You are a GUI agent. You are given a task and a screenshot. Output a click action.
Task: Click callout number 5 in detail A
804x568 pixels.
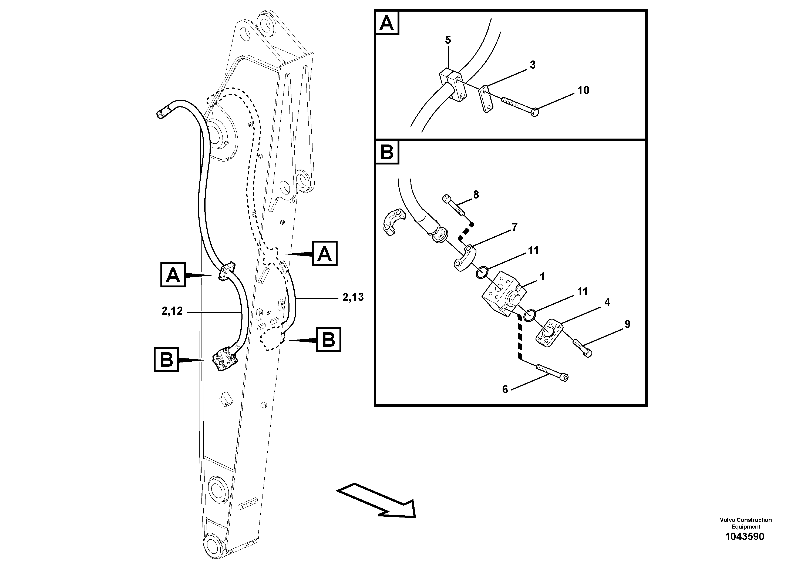(448, 40)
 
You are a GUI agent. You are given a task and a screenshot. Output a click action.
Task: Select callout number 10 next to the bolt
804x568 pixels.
(583, 90)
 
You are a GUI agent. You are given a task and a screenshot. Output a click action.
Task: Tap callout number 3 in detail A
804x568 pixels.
(532, 65)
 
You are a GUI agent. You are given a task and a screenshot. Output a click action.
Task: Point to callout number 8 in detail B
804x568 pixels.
(476, 195)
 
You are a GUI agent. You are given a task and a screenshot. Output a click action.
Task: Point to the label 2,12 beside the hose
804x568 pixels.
(172, 311)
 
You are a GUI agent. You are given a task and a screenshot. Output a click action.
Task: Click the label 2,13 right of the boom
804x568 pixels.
(353, 298)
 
